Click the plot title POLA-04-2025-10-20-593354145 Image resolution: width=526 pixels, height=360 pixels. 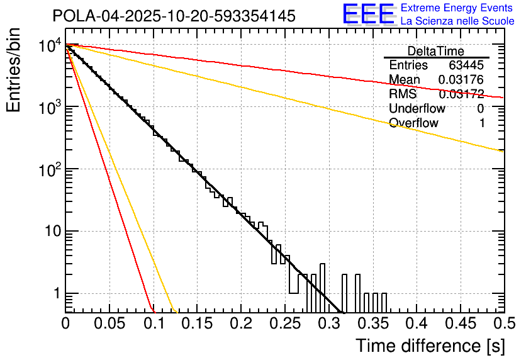pos(174,16)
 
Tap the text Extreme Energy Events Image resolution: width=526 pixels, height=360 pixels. pos(457,8)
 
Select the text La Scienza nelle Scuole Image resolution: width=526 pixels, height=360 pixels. pos(457,21)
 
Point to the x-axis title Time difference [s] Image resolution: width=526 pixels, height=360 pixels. pos(429,346)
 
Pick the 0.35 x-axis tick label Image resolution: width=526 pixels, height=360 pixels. pos(328,323)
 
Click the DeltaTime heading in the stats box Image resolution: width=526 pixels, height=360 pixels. pos(435,51)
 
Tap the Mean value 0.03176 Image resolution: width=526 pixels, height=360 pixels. pos(461,80)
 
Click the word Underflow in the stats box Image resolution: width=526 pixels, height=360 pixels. pos(417,109)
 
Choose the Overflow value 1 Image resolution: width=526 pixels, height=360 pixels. pos(481,123)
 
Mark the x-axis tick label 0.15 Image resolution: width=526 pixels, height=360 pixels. pos(197,323)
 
